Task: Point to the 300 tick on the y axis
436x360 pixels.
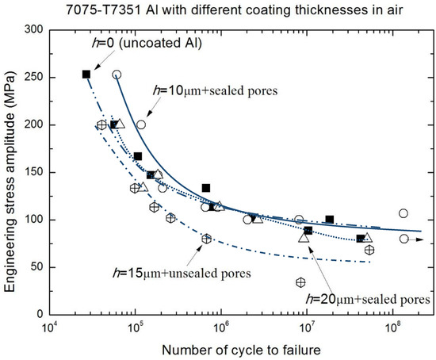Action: coord(34,29)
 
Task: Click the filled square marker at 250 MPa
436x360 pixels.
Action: coord(86,75)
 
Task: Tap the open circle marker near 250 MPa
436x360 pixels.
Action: coord(117,75)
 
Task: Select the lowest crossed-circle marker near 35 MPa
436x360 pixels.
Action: coord(300,282)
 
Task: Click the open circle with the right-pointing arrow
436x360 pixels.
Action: coord(404,239)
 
